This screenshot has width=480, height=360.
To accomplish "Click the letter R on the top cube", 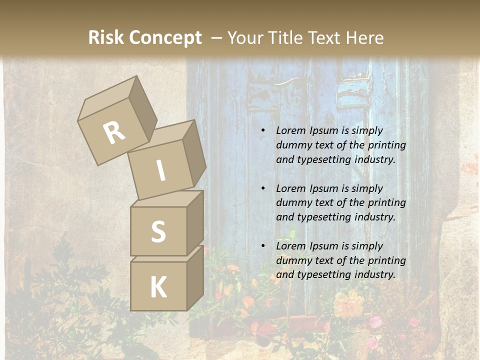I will click(114, 133).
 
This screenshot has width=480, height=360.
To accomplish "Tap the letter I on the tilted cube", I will click(161, 170).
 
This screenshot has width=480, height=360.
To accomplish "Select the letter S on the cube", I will click(158, 231).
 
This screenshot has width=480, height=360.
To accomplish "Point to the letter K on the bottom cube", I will click(158, 287).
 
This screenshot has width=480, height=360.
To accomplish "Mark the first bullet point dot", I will click(263, 131).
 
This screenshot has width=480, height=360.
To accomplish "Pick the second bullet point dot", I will click(263, 189).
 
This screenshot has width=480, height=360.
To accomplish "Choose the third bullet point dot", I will click(263, 246).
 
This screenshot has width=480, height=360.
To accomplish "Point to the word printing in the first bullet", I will click(386, 145).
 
